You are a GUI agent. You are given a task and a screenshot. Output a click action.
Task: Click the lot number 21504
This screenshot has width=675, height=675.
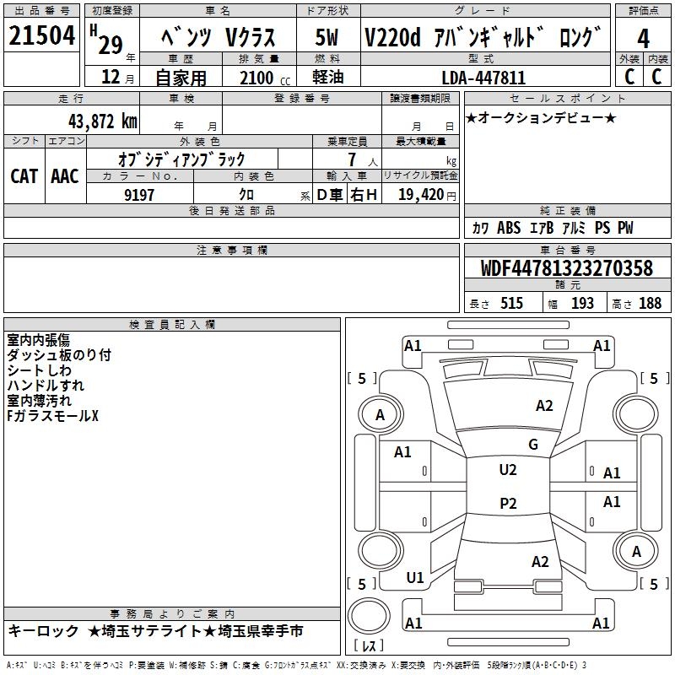click(41, 35)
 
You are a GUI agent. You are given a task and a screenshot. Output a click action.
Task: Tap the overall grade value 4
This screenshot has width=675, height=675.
click(643, 39)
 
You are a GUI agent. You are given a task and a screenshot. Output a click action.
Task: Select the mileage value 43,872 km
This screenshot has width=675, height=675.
click(102, 121)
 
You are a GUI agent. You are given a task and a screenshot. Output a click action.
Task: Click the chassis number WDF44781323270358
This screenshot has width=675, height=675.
click(567, 267)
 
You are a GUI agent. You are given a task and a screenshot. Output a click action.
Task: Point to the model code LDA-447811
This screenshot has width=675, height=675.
click(483, 78)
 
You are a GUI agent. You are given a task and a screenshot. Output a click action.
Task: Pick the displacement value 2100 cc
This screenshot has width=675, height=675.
click(264, 78)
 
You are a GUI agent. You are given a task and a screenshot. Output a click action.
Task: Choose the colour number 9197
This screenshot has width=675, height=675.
click(139, 195)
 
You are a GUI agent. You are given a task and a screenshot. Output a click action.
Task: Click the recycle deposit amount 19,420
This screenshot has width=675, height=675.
click(421, 194)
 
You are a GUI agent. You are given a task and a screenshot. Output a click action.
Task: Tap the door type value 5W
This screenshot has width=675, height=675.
click(327, 37)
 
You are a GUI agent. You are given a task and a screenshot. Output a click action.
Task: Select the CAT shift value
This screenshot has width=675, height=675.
click(24, 176)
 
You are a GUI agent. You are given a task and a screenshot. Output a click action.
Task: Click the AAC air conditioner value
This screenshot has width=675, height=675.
click(65, 176)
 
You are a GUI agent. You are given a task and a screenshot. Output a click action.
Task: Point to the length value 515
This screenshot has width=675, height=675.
click(511, 303)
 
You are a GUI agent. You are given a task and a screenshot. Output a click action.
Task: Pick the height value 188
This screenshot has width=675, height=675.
click(650, 303)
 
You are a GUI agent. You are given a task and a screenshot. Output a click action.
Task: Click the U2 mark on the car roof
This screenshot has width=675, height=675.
click(508, 470)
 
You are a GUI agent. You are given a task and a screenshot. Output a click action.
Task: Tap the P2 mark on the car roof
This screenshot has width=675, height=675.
click(508, 503)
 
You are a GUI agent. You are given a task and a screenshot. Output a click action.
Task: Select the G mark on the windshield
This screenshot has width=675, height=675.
click(533, 445)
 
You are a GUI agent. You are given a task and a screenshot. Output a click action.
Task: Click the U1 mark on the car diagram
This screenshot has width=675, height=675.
click(415, 578)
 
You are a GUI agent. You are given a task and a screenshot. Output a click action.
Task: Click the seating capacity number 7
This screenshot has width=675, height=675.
click(352, 159)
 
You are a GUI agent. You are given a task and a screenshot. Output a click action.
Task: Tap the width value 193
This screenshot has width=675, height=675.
click(582, 303)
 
